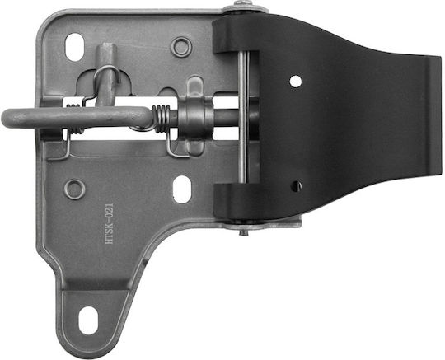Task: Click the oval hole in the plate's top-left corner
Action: click(x=74, y=47)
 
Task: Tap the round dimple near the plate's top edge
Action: click(x=181, y=47)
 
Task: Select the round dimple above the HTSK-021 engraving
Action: click(x=74, y=189)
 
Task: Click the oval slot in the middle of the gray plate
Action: click(x=182, y=189)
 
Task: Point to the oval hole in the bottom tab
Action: click(x=88, y=320)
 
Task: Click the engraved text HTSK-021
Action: click(x=110, y=223)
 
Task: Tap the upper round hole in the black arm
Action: click(x=296, y=82)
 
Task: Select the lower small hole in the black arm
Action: click(x=297, y=186)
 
